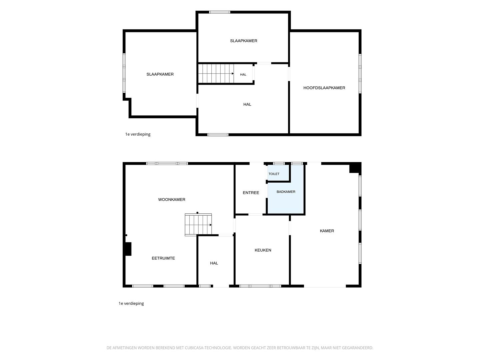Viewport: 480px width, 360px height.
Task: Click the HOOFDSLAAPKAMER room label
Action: pos(324,88)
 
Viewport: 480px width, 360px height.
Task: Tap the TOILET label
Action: pos(274,174)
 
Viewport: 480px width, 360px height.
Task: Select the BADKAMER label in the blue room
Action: pos(286,192)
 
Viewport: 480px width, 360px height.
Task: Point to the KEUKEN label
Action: pos(263,250)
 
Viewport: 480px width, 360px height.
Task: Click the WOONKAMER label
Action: pos(172,200)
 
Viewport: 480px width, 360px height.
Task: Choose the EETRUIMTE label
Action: pos(163,258)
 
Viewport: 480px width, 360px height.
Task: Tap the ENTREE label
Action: pos(251,193)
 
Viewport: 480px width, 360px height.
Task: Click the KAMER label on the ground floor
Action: pos(327,231)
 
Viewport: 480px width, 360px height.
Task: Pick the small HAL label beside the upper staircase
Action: pos(243,75)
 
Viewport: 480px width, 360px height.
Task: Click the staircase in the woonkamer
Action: pos(198,225)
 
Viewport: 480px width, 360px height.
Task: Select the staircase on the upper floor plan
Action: pos(216,74)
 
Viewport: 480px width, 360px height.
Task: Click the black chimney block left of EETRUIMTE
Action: pos(128,249)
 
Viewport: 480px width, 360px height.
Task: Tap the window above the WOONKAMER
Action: pos(167,163)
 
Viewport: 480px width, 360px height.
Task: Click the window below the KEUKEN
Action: pos(260,286)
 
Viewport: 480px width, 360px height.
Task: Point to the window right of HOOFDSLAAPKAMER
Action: pos(360,74)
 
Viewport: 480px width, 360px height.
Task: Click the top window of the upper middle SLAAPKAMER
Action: pos(220,12)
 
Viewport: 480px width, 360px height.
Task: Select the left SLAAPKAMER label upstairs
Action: pos(160,74)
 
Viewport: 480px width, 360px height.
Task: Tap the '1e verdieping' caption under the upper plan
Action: pos(138,134)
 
